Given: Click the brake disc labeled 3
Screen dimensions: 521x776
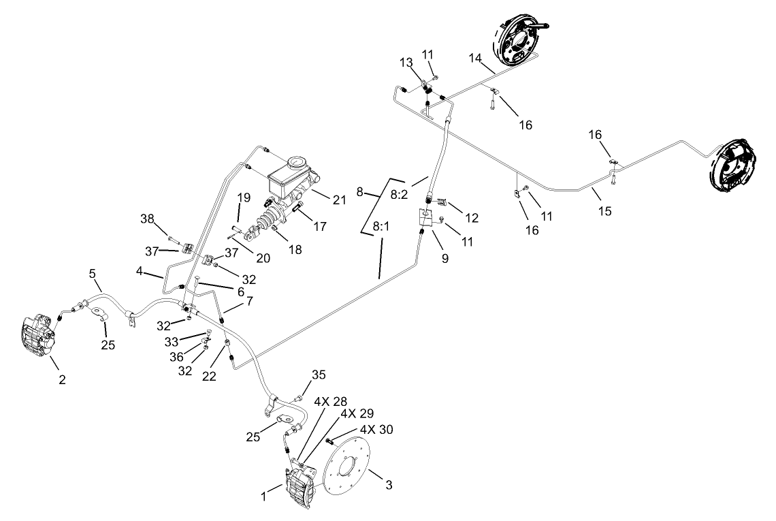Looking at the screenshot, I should tap(348, 469).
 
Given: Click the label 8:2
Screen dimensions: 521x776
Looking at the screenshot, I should tap(400, 194).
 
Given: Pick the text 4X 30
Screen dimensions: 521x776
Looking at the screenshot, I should tap(376, 430).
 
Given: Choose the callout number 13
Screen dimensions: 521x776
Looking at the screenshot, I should tap(406, 63).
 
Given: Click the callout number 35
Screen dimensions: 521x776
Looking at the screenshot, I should tap(319, 375).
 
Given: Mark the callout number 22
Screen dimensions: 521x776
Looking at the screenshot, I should tap(209, 376).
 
